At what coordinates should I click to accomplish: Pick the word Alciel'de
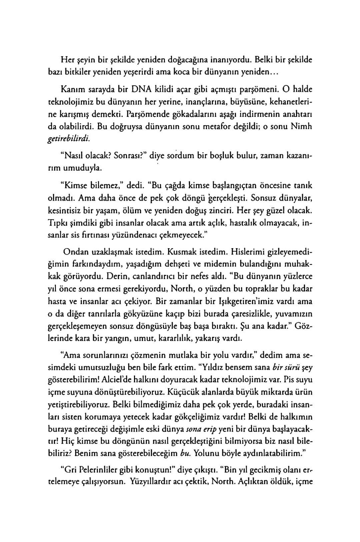119,379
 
